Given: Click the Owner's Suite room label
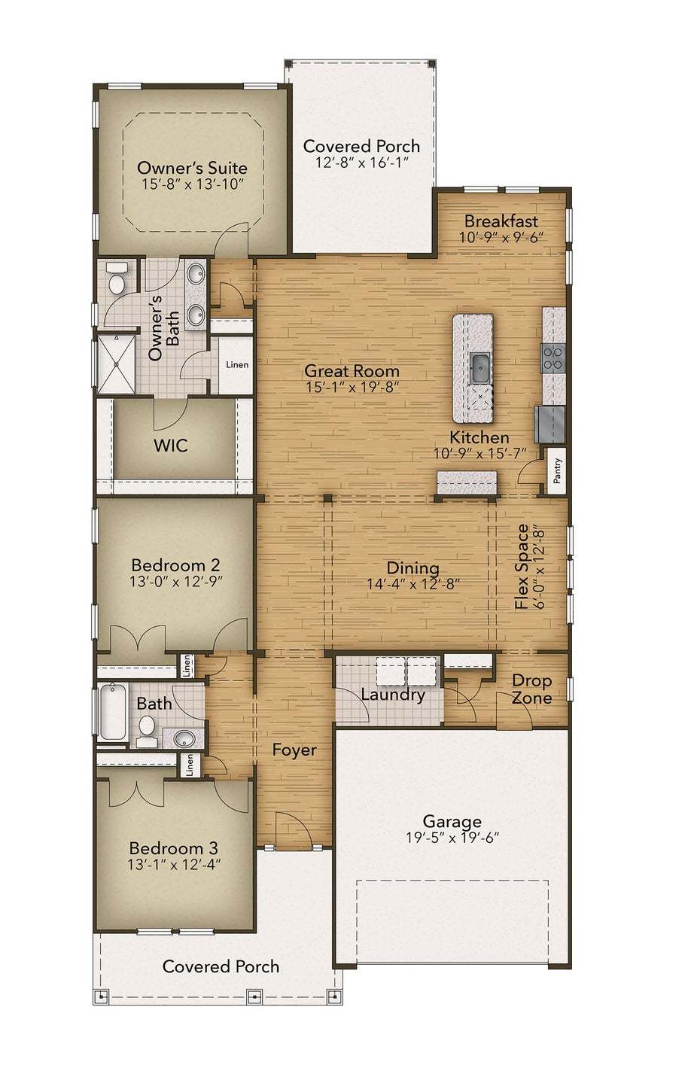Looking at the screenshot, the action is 192,169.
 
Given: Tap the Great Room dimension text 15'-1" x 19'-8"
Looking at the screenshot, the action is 352,388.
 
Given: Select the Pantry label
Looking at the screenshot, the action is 558,470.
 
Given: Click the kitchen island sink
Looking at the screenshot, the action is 479,367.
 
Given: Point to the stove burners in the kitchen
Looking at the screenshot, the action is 553,357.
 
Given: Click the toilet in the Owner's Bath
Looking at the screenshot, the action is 117,279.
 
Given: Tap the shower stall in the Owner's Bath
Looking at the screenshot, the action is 116,364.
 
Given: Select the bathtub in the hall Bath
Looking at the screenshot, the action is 112,712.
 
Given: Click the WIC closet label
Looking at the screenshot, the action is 171,446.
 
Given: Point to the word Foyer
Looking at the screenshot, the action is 294,750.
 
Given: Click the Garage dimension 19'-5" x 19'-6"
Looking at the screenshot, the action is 452,838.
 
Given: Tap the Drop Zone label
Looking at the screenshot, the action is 531,689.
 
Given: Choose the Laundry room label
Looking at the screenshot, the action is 393,695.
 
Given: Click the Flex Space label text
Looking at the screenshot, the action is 522,567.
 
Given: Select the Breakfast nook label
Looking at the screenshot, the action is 501,221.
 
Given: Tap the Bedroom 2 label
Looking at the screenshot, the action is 175,564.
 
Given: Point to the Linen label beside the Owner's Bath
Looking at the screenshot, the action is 237,364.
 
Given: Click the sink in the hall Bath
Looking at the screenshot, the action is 184,739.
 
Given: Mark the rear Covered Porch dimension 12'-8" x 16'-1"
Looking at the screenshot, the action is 362,162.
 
